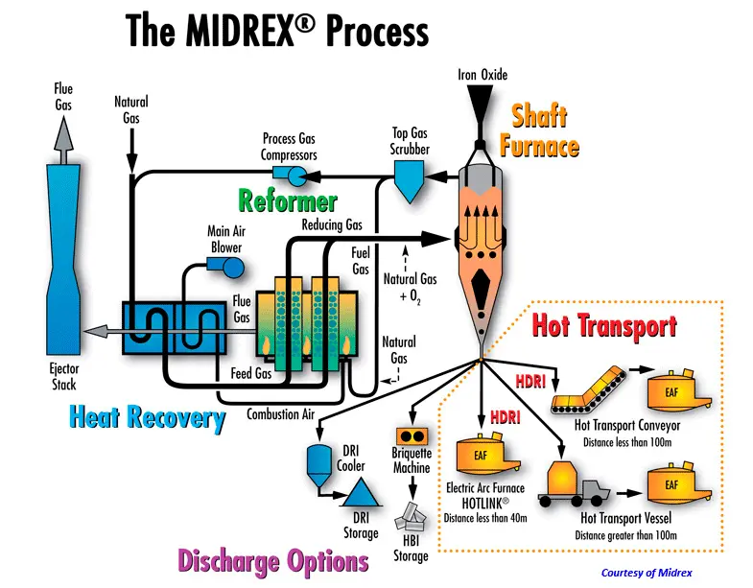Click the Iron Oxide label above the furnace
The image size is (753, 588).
[x=487, y=75]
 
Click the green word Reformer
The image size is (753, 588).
[x=289, y=201]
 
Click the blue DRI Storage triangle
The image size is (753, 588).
[x=361, y=492]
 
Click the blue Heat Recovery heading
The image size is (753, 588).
[x=147, y=417]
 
